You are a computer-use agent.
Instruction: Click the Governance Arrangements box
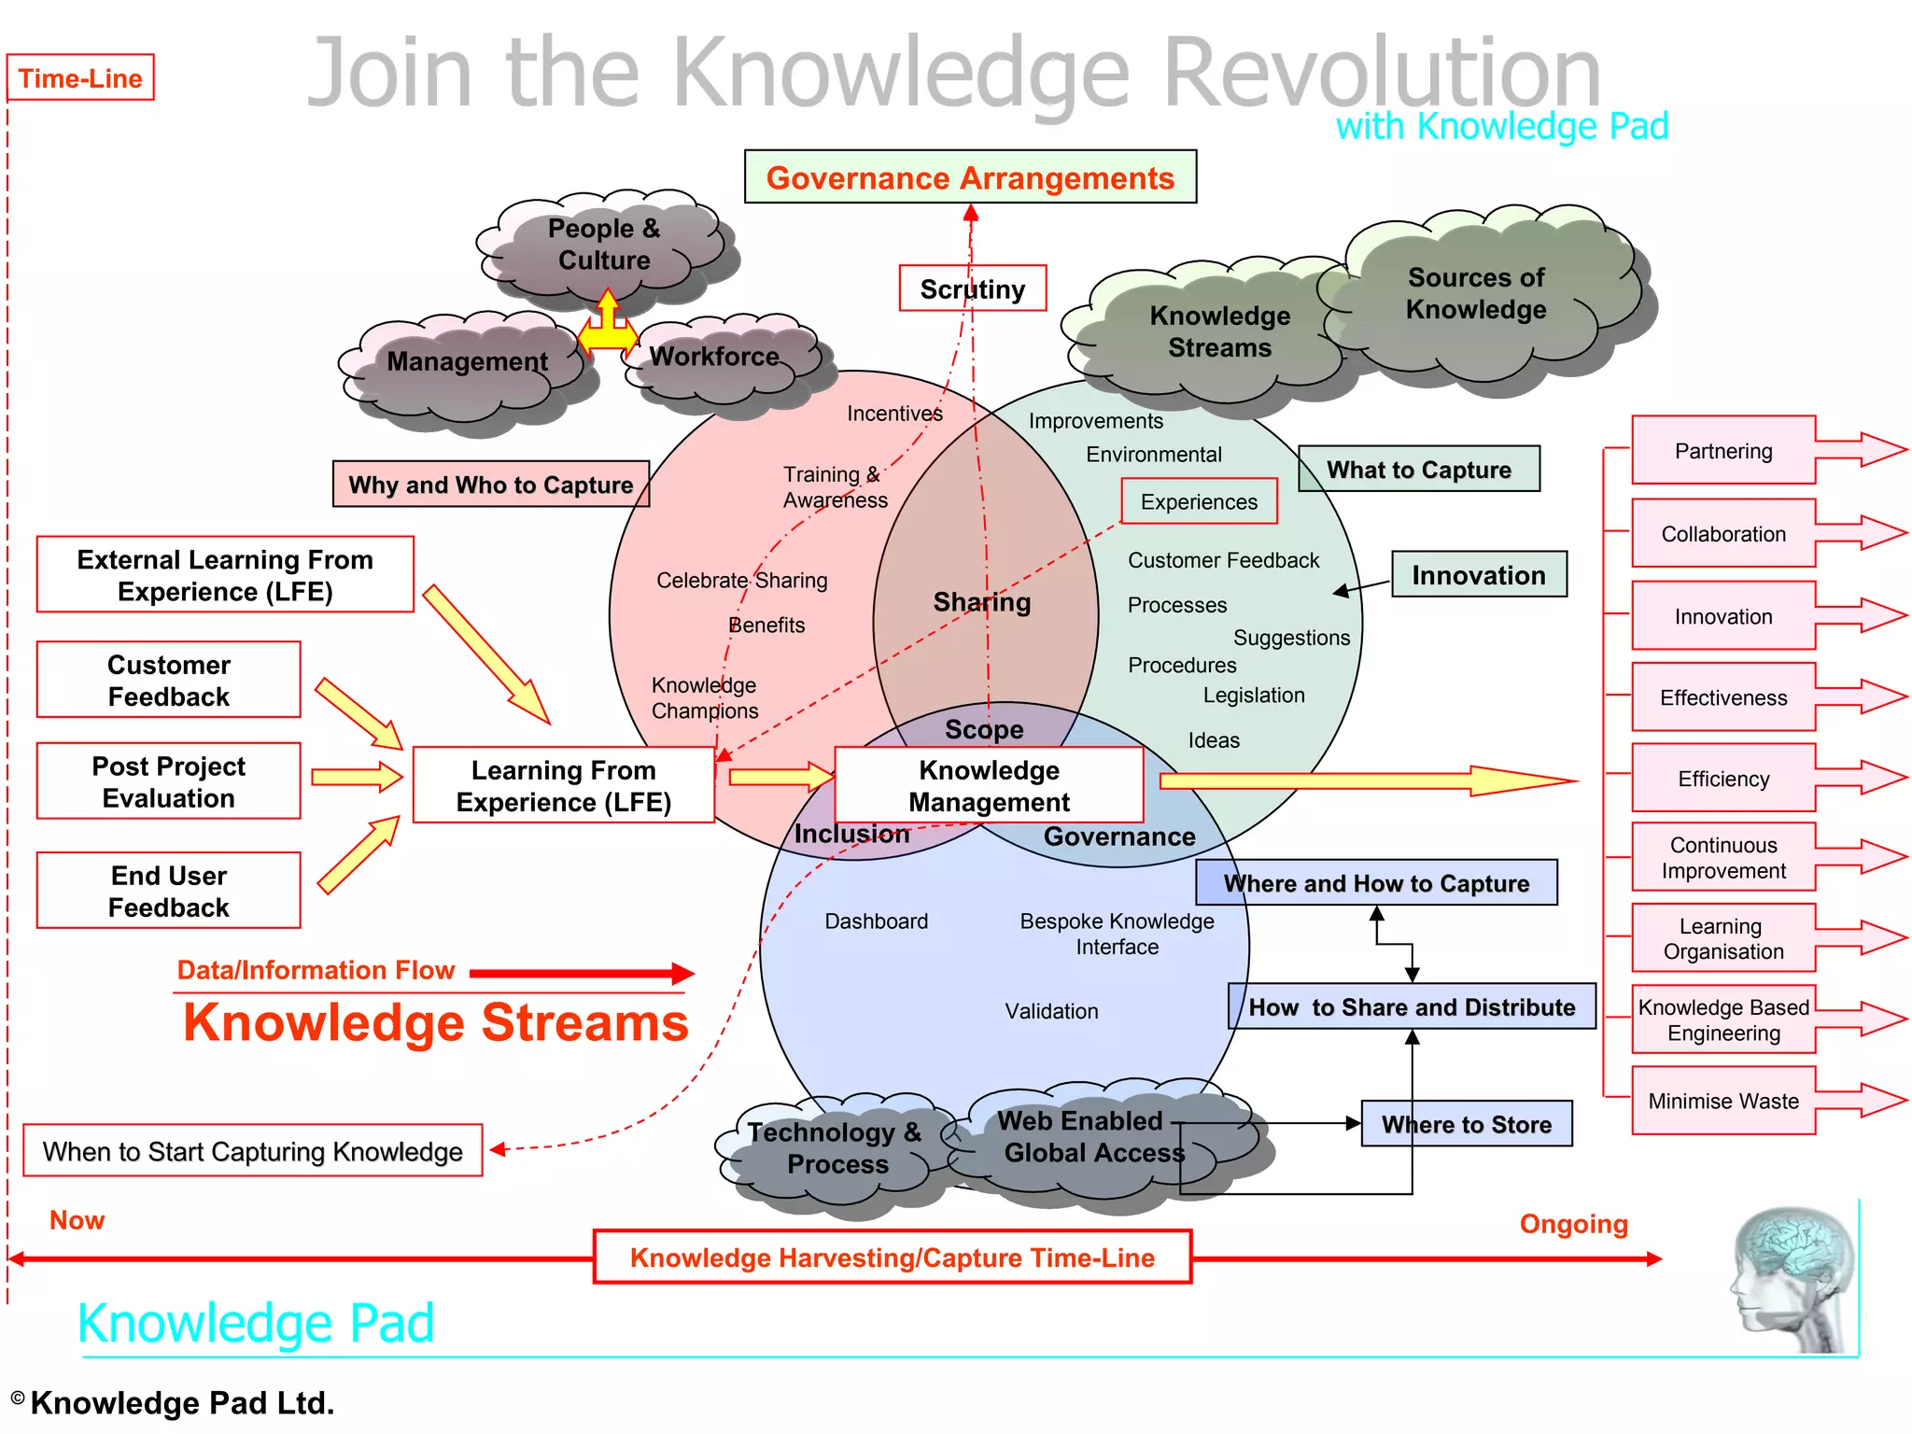click(x=970, y=177)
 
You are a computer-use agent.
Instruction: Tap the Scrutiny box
click(x=972, y=288)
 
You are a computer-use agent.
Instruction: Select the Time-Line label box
click(x=80, y=78)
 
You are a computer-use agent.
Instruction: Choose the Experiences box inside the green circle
click(x=1199, y=502)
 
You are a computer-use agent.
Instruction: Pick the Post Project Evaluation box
click(x=169, y=781)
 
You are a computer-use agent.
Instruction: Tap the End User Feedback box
click(x=169, y=891)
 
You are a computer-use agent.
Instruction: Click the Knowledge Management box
click(x=989, y=785)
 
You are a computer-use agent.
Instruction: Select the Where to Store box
click(x=1466, y=1124)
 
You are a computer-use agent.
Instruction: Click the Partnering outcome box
click(x=1723, y=451)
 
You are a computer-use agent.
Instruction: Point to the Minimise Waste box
click(x=1723, y=1101)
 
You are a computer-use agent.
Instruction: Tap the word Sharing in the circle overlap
click(x=982, y=602)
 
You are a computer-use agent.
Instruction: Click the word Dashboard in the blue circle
click(x=876, y=921)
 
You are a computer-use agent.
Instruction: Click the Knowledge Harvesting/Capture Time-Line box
click(x=893, y=1258)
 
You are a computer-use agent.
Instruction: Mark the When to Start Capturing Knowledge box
click(x=252, y=1151)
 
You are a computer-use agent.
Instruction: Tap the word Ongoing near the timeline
click(x=1573, y=1224)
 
